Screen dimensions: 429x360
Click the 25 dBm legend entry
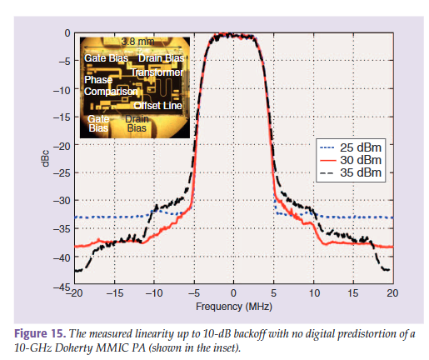tap(351, 147)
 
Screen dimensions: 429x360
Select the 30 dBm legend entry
tap(351, 160)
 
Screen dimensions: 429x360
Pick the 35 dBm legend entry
tap(351, 172)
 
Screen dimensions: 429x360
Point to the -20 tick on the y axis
tap(62, 146)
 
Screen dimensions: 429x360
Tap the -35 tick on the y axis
tap(62, 229)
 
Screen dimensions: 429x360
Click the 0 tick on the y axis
tap(67, 33)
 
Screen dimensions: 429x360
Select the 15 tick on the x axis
tap(353, 293)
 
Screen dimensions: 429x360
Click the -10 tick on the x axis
tap(153, 293)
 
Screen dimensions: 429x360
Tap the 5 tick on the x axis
tap(274, 293)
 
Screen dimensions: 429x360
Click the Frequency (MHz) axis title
tap(234, 307)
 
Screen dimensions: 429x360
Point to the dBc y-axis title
tap(45, 158)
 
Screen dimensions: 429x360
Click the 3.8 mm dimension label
tap(137, 42)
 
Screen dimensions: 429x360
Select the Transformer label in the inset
tap(157, 72)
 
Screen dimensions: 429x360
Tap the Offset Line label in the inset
tap(157, 106)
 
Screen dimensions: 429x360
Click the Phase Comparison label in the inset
tap(111, 86)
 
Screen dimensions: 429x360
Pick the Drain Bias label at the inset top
tap(161, 58)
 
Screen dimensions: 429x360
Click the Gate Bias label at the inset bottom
tap(98, 123)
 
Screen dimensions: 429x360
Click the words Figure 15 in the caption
tap(40, 333)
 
